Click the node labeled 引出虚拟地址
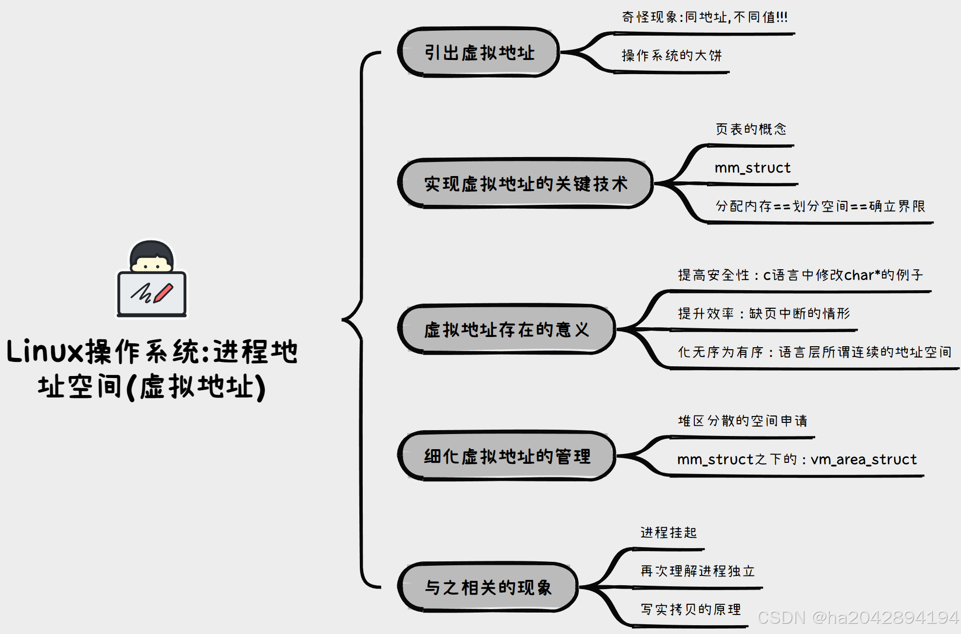point(479,52)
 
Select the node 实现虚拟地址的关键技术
point(526,184)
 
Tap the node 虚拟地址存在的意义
point(507,330)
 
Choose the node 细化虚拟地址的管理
point(507,456)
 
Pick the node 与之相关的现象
point(488,587)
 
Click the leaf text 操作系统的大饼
point(671,56)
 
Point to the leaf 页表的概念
point(751,129)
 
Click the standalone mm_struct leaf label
point(752,168)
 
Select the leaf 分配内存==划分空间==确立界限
point(820,206)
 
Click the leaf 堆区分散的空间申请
point(743,421)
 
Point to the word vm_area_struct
point(863,459)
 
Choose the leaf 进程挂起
point(668,533)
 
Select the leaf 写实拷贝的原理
point(690,610)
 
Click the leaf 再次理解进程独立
point(697,571)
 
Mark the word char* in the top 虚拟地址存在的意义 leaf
point(862,275)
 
